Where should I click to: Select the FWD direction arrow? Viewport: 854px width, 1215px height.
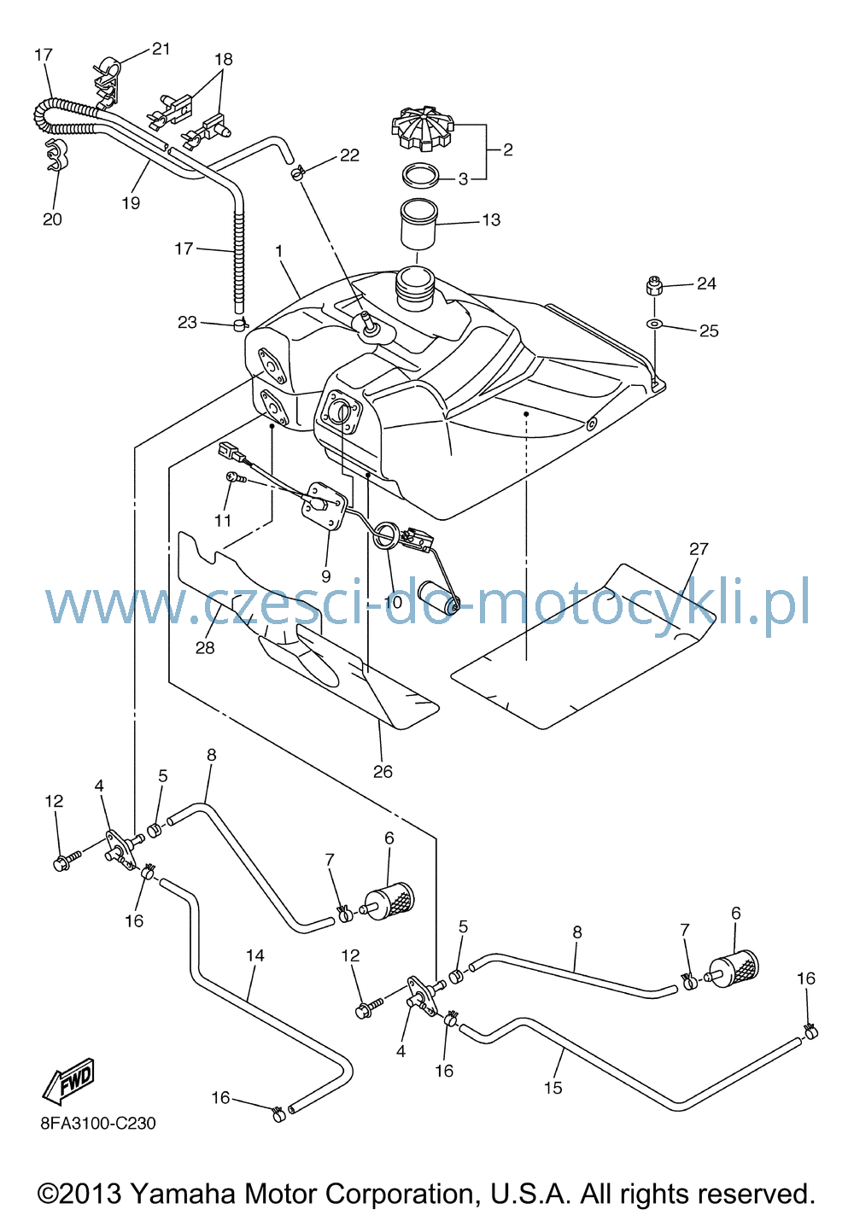pyautogui.click(x=69, y=1081)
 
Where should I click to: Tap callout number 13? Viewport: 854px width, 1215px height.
pyautogui.click(x=491, y=220)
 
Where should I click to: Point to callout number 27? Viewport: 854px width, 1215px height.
pyautogui.click(x=699, y=549)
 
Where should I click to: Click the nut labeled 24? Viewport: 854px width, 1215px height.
pyautogui.click(x=655, y=286)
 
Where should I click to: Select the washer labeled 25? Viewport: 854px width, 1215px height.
pyautogui.click(x=654, y=324)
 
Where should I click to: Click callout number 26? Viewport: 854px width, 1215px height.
pyautogui.click(x=383, y=771)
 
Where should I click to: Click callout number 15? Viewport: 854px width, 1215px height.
pyautogui.click(x=553, y=1088)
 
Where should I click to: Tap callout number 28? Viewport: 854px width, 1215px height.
pyautogui.click(x=205, y=647)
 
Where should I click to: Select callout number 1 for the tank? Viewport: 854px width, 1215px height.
pyautogui.click(x=279, y=251)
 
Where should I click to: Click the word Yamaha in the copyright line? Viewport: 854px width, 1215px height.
pyautogui.click(x=183, y=1193)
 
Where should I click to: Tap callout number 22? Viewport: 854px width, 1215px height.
pyautogui.click(x=350, y=155)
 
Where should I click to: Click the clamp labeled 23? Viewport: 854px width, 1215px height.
pyautogui.click(x=240, y=325)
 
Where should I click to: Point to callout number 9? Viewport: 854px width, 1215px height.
pyautogui.click(x=325, y=575)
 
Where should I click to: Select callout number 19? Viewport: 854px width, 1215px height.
pyautogui.click(x=131, y=203)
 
